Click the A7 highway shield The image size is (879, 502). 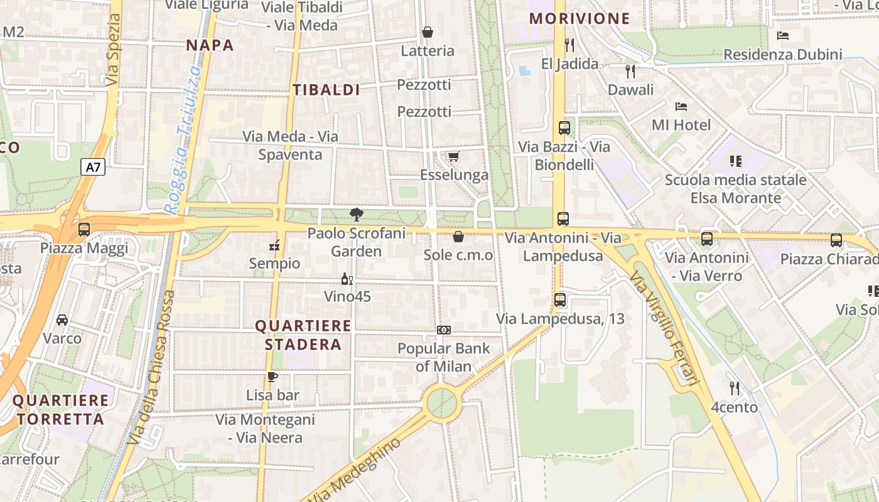click(92, 168)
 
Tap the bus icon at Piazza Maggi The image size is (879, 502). click(84, 230)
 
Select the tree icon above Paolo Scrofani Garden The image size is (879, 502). click(357, 215)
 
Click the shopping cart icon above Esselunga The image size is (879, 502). click(453, 156)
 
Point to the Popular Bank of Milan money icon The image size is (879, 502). click(444, 330)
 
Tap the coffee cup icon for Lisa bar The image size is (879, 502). click(272, 376)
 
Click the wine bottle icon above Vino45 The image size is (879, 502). click(347, 279)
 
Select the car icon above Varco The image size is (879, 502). click(62, 320)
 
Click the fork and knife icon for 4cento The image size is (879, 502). click(734, 388)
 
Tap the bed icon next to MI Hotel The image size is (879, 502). click(681, 107)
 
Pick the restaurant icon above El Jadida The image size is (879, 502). click(569, 45)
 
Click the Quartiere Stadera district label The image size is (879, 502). click(303, 335)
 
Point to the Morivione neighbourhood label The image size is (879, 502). click(580, 18)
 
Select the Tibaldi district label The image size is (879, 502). click(326, 90)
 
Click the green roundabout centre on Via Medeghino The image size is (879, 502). click(441, 402)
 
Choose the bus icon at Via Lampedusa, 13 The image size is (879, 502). click(560, 300)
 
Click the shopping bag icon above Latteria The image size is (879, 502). click(428, 32)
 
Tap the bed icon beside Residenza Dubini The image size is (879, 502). click(783, 36)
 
